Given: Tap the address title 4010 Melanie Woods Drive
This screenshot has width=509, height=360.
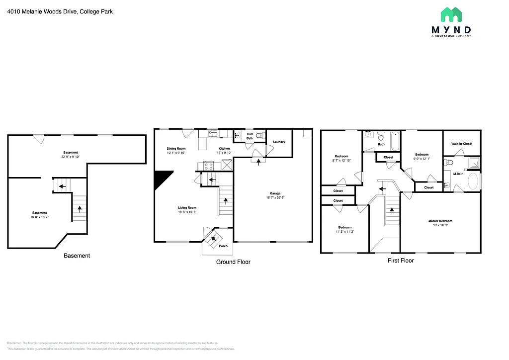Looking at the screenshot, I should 60,11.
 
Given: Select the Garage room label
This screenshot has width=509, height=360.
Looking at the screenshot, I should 275,193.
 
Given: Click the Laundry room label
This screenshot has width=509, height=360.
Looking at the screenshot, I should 279,142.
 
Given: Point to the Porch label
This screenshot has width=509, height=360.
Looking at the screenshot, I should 224,246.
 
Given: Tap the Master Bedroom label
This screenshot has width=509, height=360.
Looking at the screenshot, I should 440,221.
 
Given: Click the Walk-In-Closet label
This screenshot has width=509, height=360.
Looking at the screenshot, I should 462,144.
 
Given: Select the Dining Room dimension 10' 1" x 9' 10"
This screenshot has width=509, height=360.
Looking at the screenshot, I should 176,153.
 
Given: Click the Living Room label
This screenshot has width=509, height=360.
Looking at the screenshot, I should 187,208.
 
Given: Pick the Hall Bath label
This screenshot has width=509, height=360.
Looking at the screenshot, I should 250,136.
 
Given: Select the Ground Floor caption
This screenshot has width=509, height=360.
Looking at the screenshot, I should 233,262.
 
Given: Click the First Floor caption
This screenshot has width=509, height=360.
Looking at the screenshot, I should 401,260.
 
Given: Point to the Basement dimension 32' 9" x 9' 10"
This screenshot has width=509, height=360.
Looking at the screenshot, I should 71,157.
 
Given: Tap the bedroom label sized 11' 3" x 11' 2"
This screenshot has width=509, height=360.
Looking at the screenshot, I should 345,227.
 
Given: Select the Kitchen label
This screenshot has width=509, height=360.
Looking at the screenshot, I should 225,149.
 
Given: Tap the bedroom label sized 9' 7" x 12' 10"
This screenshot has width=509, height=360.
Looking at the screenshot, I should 341,156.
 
